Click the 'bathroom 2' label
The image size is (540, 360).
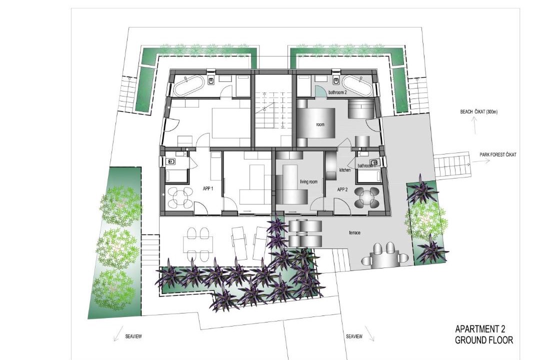tap(337, 92)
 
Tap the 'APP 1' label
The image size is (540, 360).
tap(208, 188)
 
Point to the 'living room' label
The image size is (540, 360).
tap(308, 181)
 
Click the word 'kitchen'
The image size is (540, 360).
tap(344, 170)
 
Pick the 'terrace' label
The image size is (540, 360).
tap(354, 233)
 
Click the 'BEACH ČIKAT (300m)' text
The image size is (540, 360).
tap(478, 112)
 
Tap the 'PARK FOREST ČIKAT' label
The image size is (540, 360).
tap(497, 154)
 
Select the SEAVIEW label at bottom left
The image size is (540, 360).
tap(133, 336)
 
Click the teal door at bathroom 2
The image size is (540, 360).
tap(320, 91)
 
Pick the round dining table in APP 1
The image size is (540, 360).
tap(179, 197)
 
